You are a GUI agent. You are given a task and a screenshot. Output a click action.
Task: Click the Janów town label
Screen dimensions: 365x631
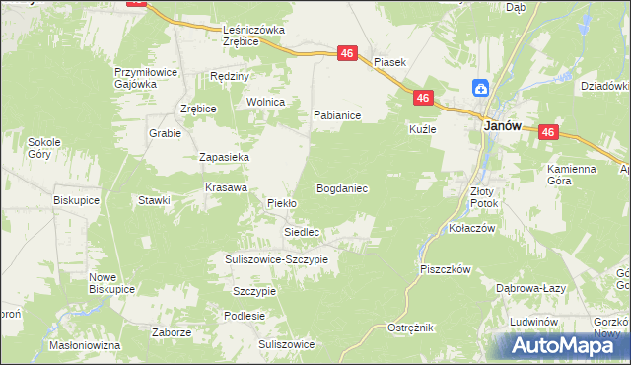[501, 126]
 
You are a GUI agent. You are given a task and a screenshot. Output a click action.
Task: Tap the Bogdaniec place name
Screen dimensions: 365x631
[342, 187]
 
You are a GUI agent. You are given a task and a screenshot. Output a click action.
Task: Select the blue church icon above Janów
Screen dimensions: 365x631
[480, 88]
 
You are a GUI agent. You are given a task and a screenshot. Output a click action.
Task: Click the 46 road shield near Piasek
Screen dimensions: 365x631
[347, 54]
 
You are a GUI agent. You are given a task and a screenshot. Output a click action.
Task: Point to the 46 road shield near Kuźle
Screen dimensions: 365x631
[422, 98]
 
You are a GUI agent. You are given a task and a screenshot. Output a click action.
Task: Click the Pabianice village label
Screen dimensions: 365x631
[336, 115]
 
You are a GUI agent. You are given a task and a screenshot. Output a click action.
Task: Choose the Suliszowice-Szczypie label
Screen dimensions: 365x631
[274, 258]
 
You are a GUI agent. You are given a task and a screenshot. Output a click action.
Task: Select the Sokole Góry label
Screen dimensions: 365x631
[44, 148]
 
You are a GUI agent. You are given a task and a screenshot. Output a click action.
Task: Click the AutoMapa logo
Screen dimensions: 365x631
[559, 345]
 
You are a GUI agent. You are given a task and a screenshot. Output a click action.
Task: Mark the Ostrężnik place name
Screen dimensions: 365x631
[410, 327]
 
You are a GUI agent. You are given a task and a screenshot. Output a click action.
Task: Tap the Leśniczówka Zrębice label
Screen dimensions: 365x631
[253, 36]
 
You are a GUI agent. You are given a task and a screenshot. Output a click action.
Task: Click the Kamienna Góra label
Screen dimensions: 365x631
[572, 176]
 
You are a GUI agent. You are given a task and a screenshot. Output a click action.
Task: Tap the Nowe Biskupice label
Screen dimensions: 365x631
[110, 283]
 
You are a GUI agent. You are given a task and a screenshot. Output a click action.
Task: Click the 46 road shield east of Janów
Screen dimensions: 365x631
[550, 132]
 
